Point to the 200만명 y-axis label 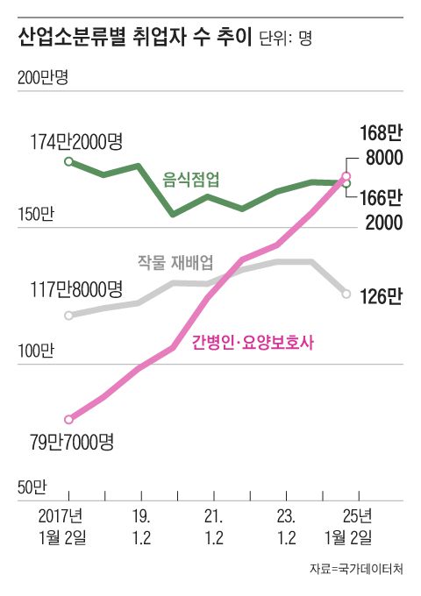(43, 78)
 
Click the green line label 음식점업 (191, 178)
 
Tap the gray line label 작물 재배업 (175, 261)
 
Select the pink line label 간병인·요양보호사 (253, 344)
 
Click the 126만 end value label (381, 296)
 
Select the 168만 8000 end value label (381, 145)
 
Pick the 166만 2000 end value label (381, 209)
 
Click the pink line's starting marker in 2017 (69, 420)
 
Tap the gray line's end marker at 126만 (347, 293)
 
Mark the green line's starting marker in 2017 (69, 161)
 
